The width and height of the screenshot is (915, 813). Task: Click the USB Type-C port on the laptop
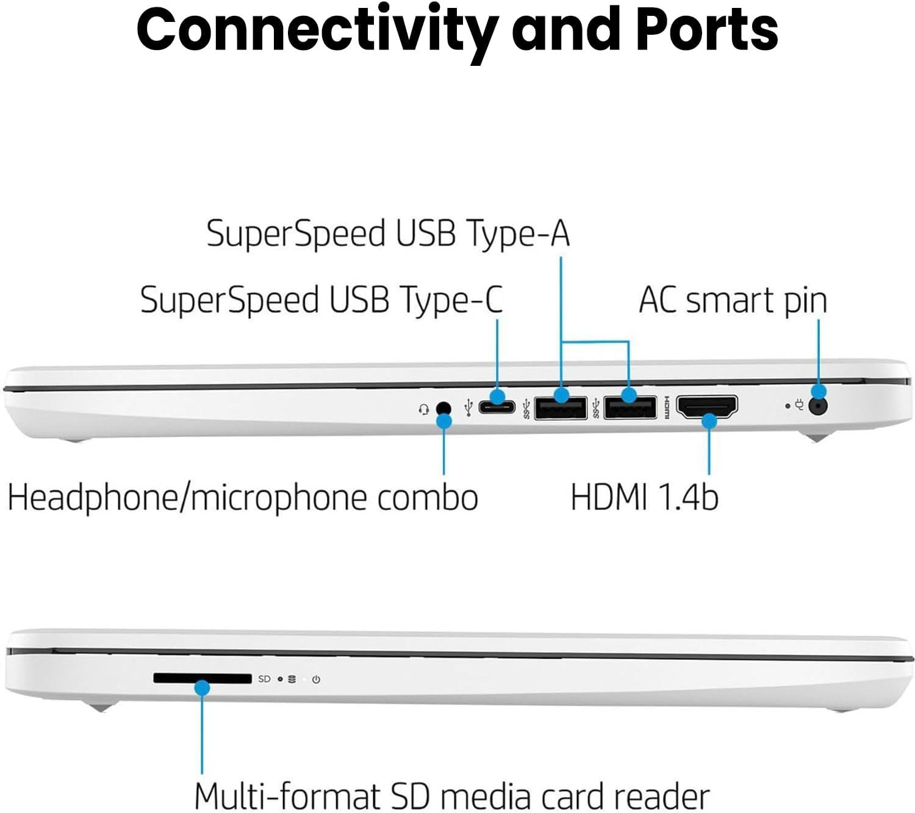point(497,406)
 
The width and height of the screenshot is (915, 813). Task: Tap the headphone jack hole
point(445,407)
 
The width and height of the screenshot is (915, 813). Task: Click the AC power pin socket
point(818,406)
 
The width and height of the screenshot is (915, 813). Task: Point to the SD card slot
point(202,678)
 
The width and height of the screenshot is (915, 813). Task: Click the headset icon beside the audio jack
point(424,409)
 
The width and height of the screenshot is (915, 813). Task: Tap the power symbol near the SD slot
point(316,679)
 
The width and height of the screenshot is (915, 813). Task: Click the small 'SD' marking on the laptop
point(264,679)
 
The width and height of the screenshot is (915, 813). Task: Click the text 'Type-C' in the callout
point(451,300)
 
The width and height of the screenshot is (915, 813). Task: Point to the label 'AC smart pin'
point(733,301)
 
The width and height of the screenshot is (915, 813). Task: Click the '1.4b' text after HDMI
point(689,497)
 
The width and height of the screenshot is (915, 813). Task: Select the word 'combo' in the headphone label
point(427,497)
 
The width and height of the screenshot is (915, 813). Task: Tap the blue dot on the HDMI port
point(709,421)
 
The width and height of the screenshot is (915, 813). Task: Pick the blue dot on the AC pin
point(818,392)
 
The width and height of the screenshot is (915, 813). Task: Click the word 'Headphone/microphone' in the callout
point(187,497)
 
